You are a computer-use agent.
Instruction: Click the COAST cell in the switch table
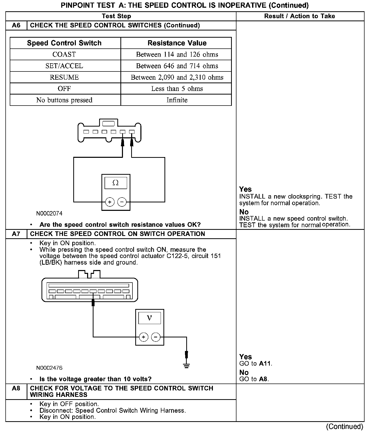(x=64, y=55)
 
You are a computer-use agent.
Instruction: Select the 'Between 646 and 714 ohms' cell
(x=177, y=66)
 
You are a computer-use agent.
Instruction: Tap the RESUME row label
(x=64, y=77)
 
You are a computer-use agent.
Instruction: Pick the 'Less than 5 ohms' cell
(x=177, y=89)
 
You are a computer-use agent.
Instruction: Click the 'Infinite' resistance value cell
(x=177, y=100)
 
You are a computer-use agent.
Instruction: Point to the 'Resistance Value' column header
(x=177, y=43)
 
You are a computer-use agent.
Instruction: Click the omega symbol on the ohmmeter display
(x=116, y=183)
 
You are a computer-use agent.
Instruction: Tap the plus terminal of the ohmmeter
(x=110, y=202)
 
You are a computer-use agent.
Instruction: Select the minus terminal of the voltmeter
(x=156, y=337)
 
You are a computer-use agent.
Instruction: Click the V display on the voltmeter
(x=150, y=318)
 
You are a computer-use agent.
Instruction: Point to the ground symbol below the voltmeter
(x=186, y=366)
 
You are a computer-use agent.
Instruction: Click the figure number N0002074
(x=49, y=213)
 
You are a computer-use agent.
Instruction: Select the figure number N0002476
(x=49, y=368)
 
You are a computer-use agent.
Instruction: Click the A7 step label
(x=16, y=234)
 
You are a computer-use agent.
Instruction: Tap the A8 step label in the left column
(x=16, y=388)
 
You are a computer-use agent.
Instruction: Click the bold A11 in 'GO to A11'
(x=265, y=364)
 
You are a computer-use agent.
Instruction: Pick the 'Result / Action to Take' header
(x=299, y=16)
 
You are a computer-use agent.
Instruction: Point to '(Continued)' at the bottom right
(x=344, y=426)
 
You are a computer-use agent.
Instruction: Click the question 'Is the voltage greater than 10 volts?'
(x=95, y=379)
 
